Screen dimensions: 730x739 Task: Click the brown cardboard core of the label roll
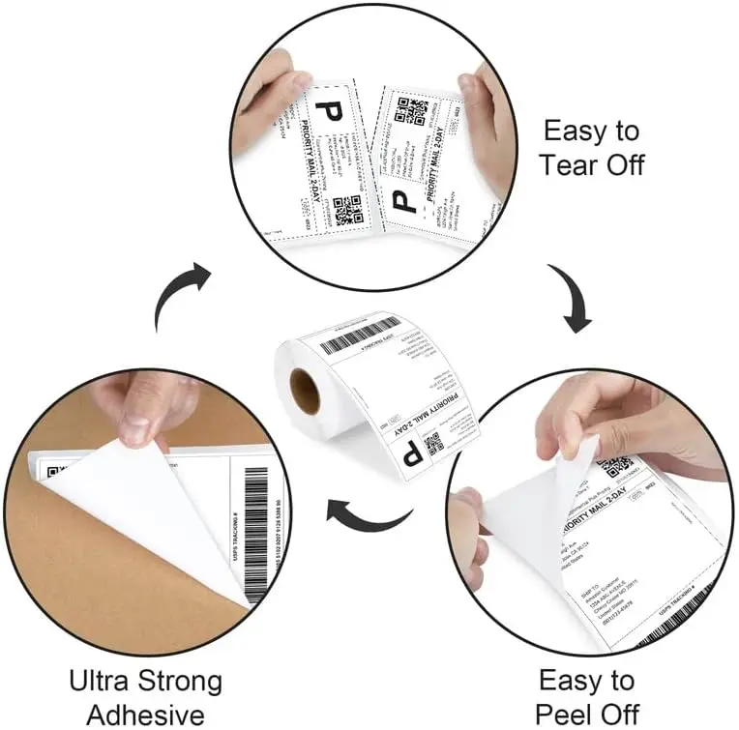305,392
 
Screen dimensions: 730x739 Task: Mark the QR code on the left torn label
346,210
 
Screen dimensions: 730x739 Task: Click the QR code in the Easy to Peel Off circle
615,469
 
